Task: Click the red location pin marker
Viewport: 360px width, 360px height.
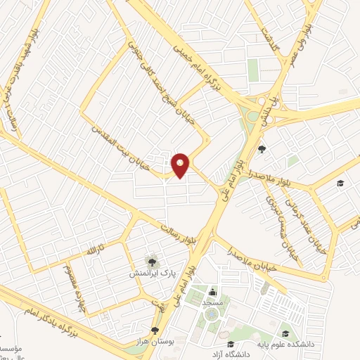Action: click(181, 165)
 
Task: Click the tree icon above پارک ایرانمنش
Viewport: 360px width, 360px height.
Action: click(148, 260)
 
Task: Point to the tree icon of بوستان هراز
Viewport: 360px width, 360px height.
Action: click(155, 330)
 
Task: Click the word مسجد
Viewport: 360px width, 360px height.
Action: click(212, 301)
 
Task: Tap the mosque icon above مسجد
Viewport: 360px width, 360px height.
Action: click(212, 292)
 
